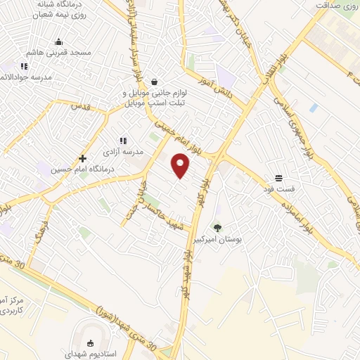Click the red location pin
[181, 165]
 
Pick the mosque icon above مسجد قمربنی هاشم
[58, 41]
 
